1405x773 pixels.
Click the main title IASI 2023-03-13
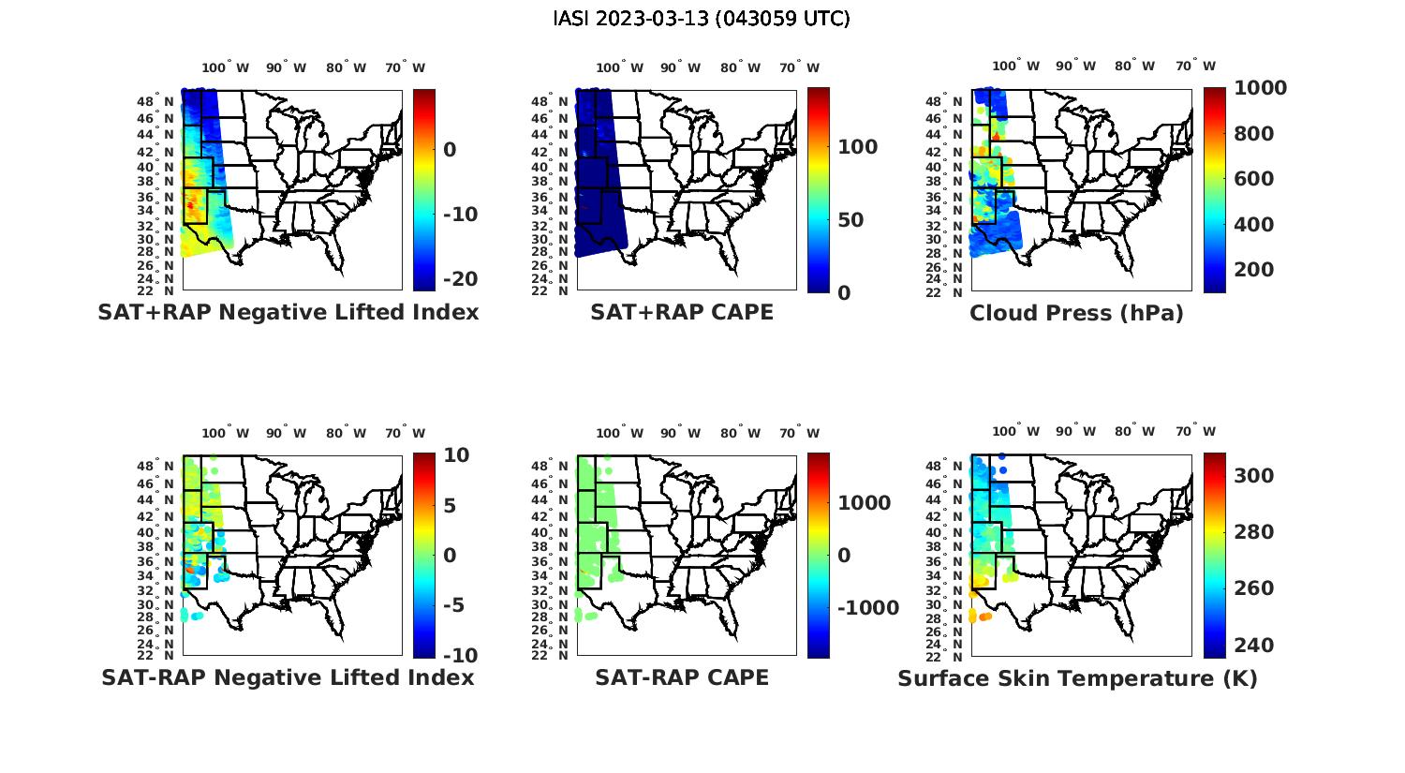tap(702, 19)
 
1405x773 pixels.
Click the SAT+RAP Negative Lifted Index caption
tap(288, 313)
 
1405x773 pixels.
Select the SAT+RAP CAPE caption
tap(682, 313)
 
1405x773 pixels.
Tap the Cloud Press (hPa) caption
tap(1076, 313)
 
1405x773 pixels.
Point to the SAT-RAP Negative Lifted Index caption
tap(288, 677)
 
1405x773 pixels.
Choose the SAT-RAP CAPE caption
tap(682, 677)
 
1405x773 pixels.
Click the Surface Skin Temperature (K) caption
tap(1077, 678)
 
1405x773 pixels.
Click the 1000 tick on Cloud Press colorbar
tap(1260, 88)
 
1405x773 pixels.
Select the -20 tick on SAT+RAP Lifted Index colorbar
tap(459, 279)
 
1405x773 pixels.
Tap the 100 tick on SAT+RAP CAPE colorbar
tap(857, 147)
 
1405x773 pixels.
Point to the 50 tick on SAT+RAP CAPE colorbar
tap(850, 220)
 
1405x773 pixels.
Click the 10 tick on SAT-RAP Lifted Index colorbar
tap(457, 455)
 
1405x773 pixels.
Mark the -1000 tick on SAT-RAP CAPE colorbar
tap(868, 608)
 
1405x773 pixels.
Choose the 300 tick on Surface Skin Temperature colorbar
tap(1253, 476)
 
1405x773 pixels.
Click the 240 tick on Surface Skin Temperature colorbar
tap(1253, 646)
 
